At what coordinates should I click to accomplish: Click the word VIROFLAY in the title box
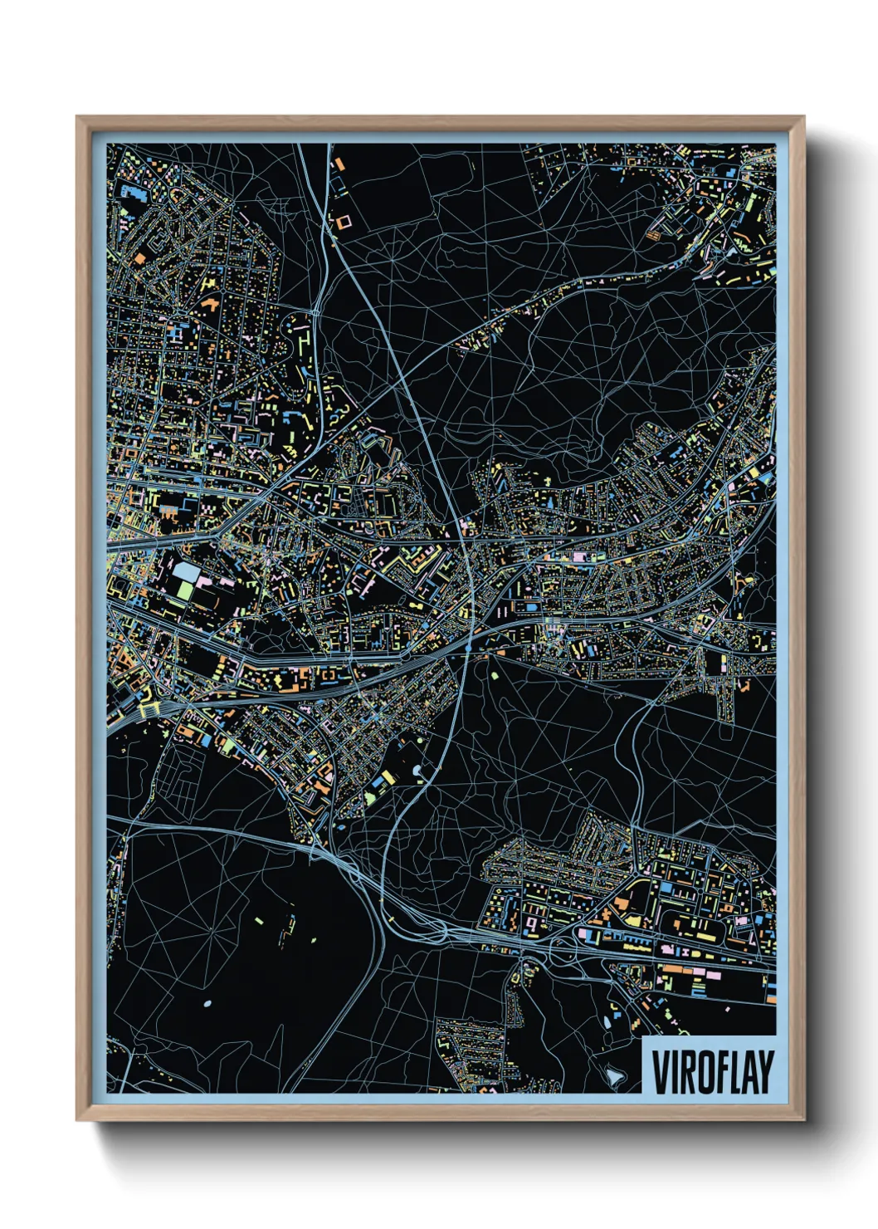712,1072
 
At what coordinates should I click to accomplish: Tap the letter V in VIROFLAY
660,1072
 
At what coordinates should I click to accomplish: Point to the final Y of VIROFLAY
765,1072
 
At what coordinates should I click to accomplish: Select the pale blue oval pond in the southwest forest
207,1004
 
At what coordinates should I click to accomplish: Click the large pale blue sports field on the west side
187,572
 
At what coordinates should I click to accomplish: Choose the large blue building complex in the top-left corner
133,191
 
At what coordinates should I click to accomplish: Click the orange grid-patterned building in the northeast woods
654,235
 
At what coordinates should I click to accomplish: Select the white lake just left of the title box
615,1075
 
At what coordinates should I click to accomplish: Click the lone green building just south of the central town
495,675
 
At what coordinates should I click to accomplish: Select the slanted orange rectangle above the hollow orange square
339,166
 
